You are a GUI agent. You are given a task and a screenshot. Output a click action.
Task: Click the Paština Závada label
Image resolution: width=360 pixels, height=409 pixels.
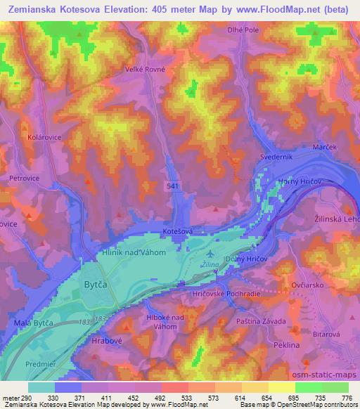(261, 321)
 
